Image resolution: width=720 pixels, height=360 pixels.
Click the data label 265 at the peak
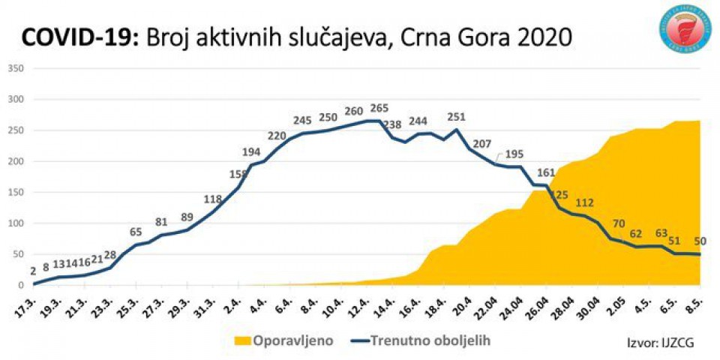[x=379, y=108]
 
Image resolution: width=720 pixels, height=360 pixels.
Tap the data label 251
[x=456, y=117]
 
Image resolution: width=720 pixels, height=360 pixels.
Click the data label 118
[x=213, y=199]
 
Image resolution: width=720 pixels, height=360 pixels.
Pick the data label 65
[x=136, y=232]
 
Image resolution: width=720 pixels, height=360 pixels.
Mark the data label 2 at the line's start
[x=34, y=272]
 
